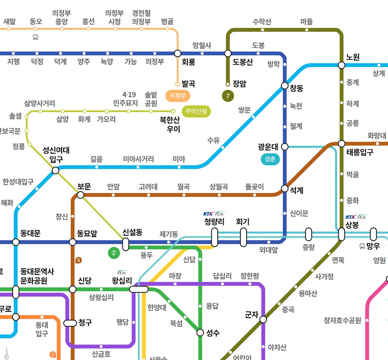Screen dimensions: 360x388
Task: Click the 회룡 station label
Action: click(x=189, y=62)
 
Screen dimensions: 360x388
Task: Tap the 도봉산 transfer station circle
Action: click(x=228, y=53)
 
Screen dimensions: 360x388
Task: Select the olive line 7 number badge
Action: click(x=228, y=96)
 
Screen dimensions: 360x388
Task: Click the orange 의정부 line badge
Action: click(x=178, y=96)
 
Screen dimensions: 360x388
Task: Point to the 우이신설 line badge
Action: click(x=196, y=111)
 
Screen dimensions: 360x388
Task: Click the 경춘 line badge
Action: click(x=270, y=159)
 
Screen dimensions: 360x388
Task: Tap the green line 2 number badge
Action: click(x=114, y=253)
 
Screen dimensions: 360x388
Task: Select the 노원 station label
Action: click(x=353, y=57)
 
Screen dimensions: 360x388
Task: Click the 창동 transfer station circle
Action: click(x=285, y=86)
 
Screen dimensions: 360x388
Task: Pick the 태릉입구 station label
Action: click(x=360, y=152)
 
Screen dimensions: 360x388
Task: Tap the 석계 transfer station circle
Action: click(x=285, y=188)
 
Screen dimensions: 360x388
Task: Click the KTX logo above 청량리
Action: click(x=208, y=214)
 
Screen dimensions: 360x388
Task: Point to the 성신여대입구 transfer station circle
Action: click(x=56, y=170)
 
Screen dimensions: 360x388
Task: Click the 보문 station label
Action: click(x=84, y=187)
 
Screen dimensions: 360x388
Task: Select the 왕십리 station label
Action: click(x=122, y=281)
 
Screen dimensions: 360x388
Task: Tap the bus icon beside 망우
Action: click(x=362, y=246)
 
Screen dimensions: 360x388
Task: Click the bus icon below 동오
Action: click(x=36, y=37)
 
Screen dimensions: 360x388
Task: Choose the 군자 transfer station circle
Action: click(x=263, y=319)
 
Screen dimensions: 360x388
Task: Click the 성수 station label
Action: click(x=213, y=333)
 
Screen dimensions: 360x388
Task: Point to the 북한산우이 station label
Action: click(x=170, y=125)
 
